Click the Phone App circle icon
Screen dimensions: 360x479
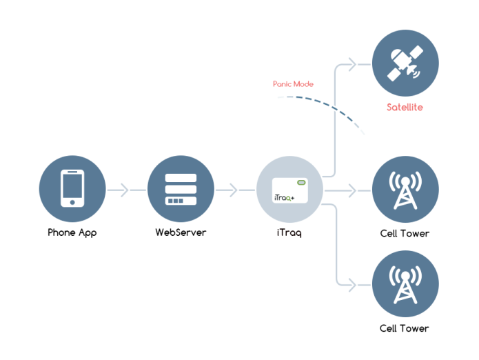72,189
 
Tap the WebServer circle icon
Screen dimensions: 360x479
181,189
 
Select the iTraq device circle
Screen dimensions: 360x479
289,189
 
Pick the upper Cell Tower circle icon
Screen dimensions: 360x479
405,189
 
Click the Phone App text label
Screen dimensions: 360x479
72,232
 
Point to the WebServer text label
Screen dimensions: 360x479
181,232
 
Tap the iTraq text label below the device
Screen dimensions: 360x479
289,232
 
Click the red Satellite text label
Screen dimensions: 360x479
405,108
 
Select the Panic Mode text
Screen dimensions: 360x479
293,84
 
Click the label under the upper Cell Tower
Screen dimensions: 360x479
405,233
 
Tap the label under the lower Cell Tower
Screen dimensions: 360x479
405,328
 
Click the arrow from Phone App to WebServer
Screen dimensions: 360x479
120,190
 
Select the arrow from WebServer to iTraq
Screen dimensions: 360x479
228,190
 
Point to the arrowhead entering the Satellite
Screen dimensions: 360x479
352,65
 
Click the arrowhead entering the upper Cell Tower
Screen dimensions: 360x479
352,190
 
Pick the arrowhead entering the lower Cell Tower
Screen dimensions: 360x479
352,283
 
